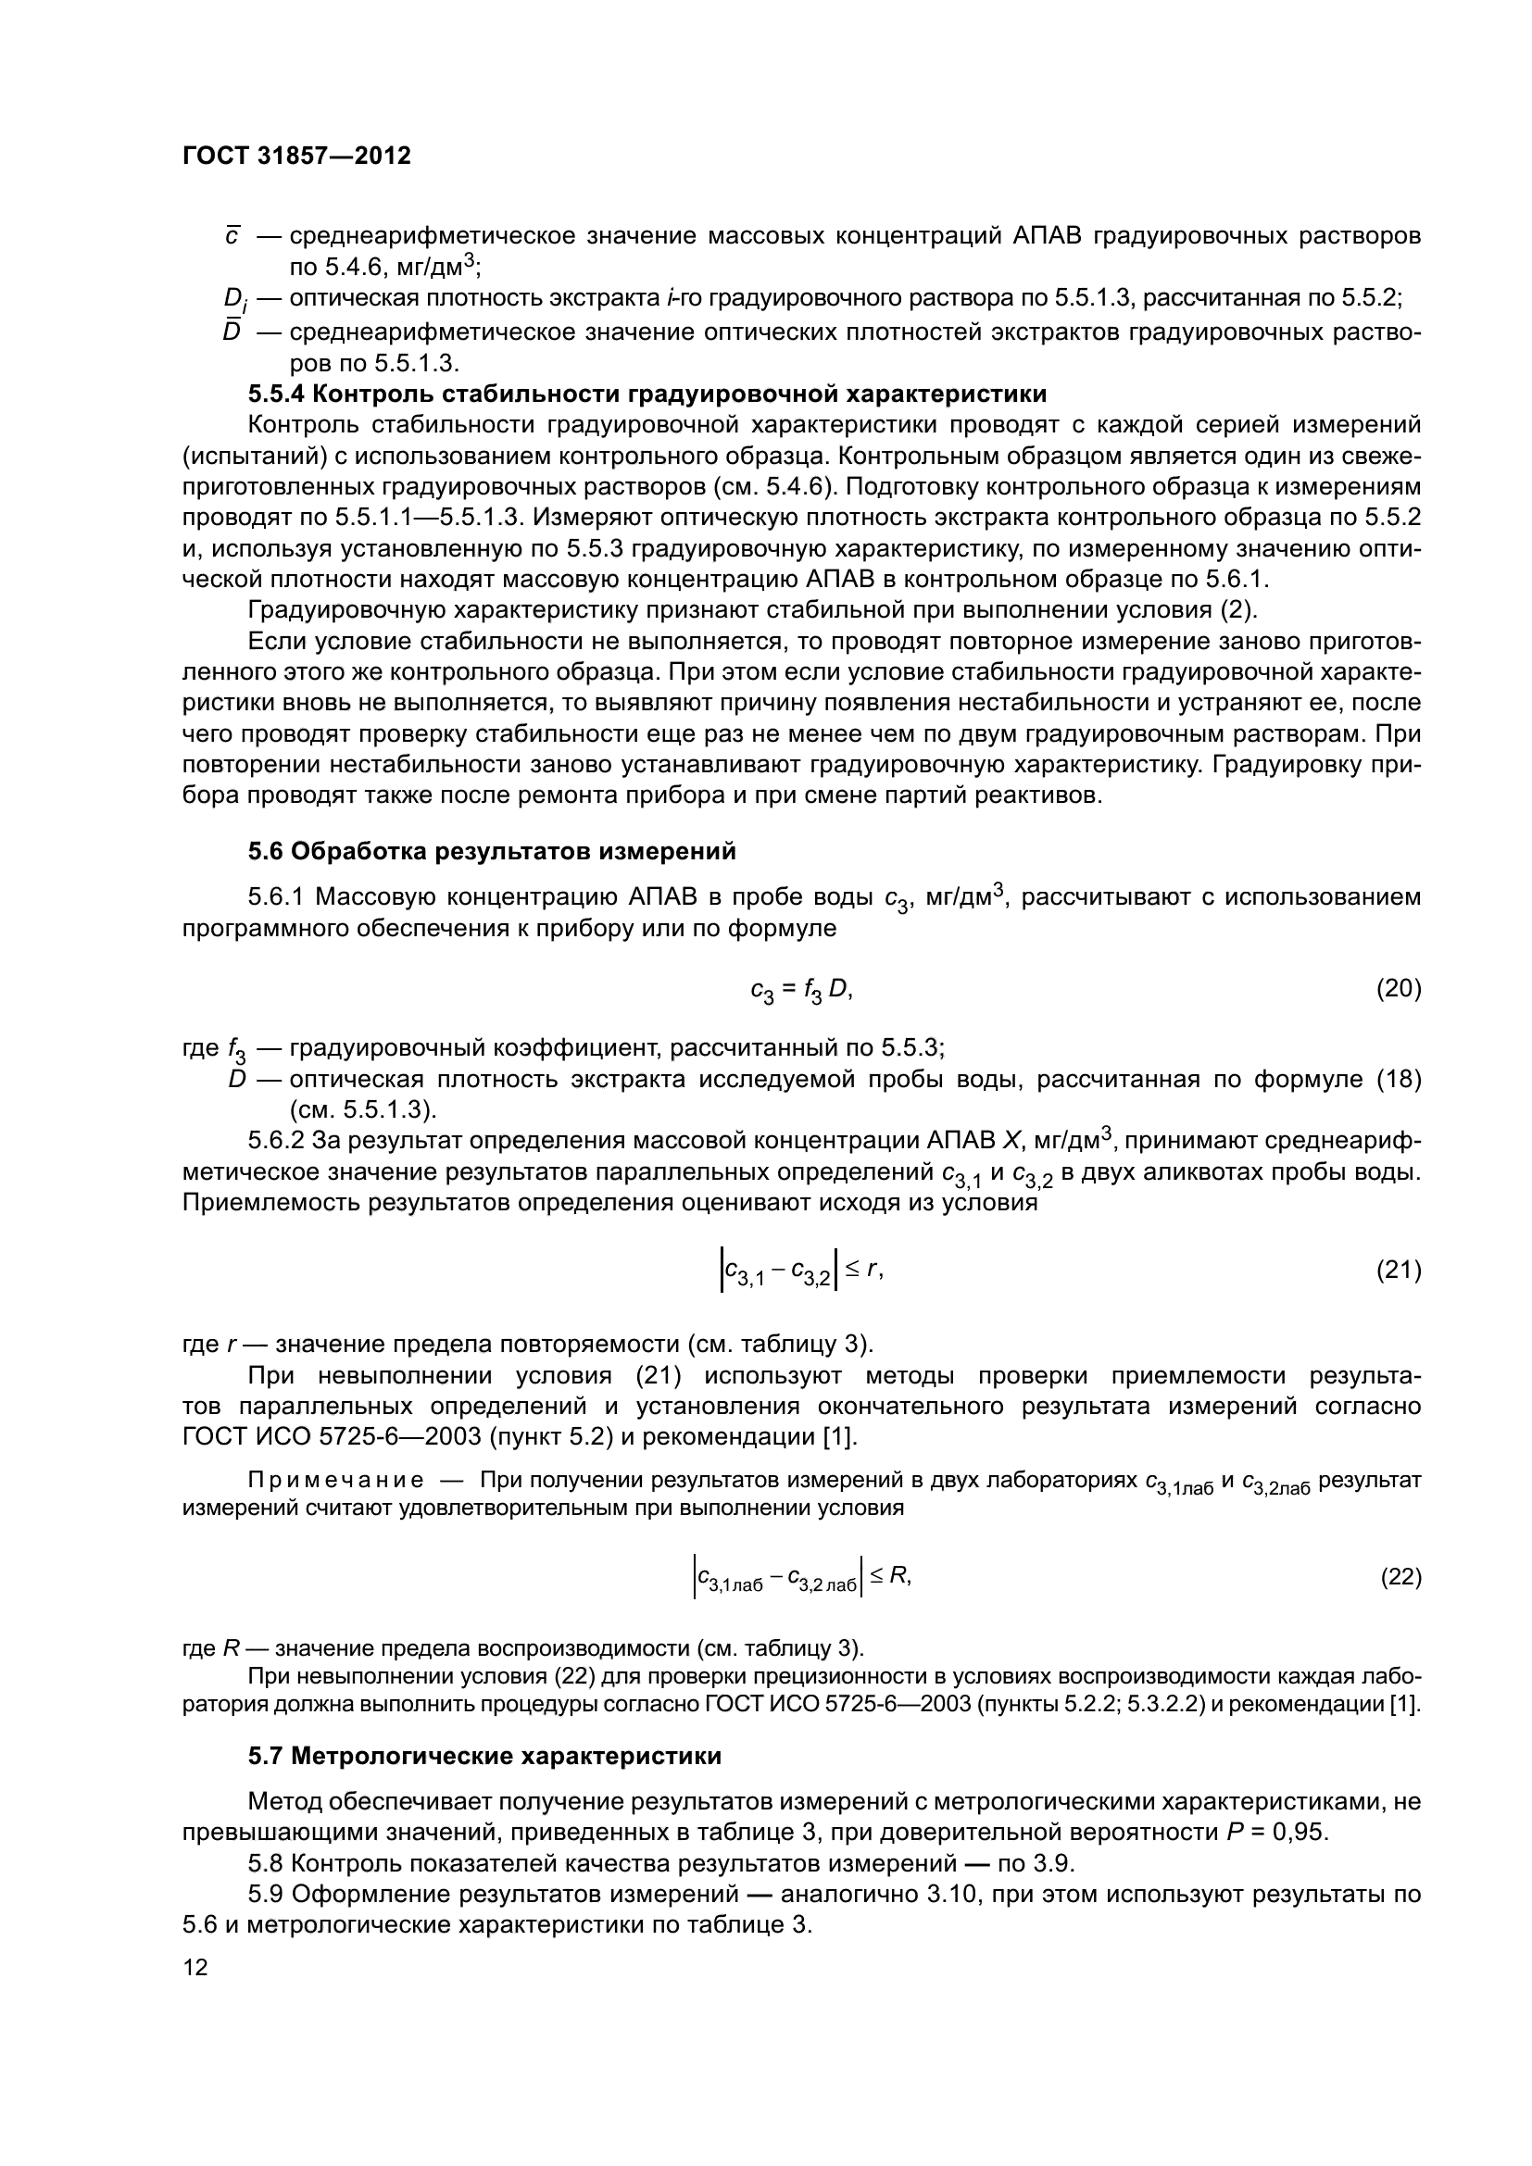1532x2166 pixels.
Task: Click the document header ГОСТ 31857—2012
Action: (296, 156)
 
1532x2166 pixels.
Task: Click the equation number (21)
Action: (1398, 1270)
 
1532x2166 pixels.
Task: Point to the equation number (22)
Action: (1400, 1576)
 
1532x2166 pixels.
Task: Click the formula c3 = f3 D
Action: (801, 990)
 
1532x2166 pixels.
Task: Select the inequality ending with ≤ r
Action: (801, 1271)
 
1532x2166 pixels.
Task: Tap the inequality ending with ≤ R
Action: (801, 1576)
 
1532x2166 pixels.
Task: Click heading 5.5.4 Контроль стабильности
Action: (647, 394)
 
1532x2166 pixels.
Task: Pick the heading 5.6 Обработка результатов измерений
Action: (492, 851)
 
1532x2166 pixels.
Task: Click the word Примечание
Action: (335, 1481)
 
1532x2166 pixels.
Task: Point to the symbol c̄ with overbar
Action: (232, 236)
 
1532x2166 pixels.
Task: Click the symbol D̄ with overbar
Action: (232, 332)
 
